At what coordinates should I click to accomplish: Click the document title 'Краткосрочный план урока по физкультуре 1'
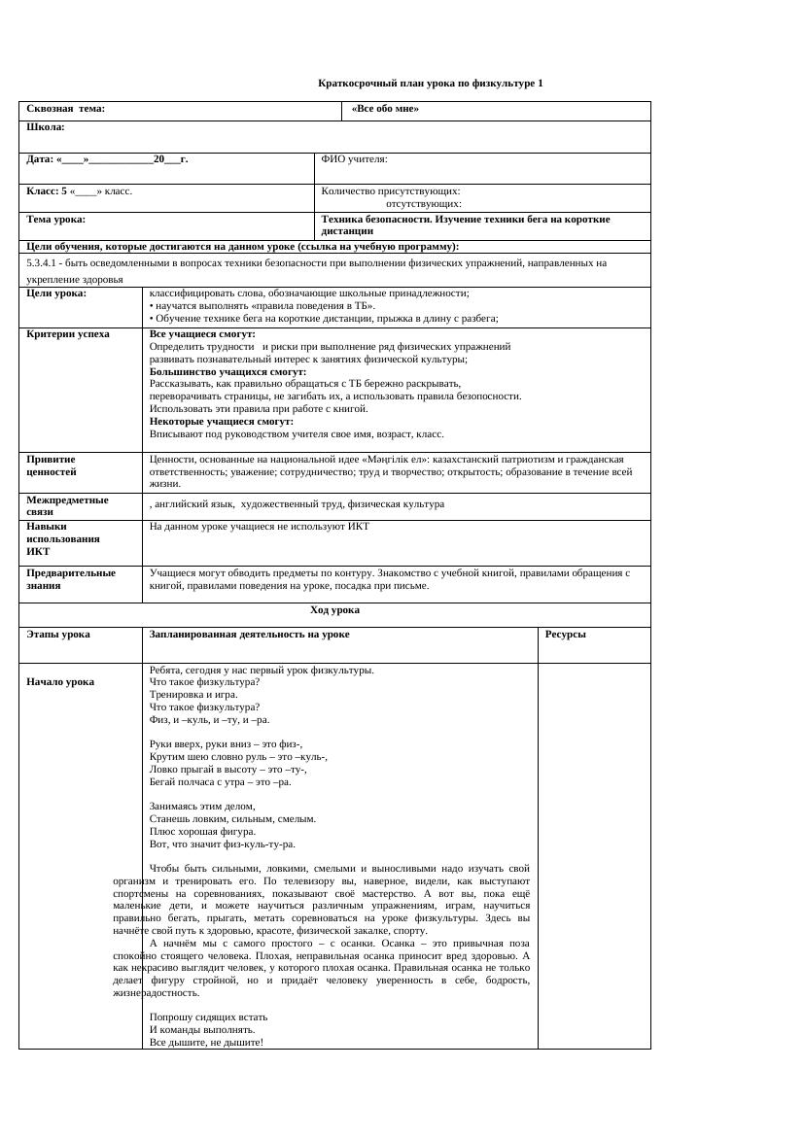point(431,84)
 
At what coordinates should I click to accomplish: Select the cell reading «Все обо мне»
point(385,109)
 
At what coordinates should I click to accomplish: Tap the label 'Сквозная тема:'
point(66,109)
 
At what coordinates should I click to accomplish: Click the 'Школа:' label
point(46,127)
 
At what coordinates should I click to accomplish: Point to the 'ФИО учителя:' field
point(354,158)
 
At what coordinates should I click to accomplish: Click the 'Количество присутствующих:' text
point(391,191)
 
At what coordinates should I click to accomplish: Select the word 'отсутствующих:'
point(424,204)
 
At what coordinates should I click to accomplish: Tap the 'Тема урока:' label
point(56,220)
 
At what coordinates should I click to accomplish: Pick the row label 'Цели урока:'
point(56,293)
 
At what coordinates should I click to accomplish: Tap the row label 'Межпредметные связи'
point(67,504)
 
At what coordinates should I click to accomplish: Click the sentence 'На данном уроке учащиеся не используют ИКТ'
point(260,527)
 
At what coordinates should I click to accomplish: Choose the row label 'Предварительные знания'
point(71,578)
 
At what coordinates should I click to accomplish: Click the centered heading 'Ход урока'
point(334,610)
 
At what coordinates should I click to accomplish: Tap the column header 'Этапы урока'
point(58,635)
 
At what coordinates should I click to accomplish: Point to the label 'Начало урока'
point(60,682)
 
